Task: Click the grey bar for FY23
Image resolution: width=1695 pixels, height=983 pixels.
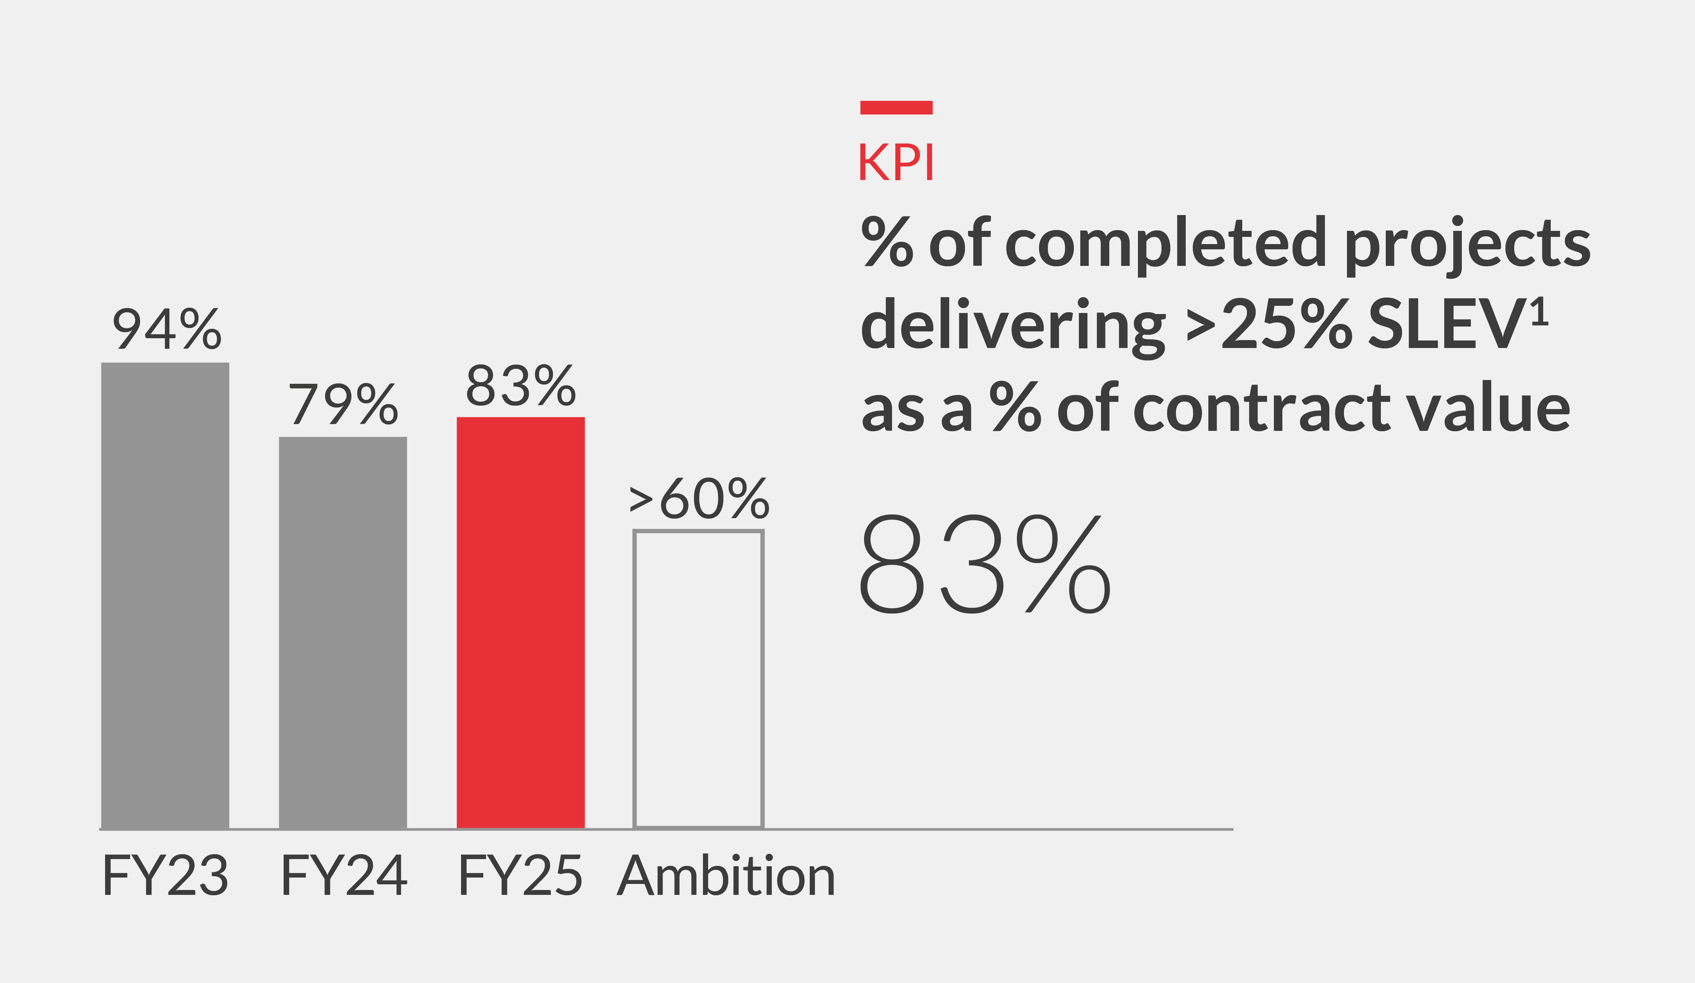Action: point(165,595)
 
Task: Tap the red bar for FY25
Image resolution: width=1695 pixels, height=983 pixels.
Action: point(521,622)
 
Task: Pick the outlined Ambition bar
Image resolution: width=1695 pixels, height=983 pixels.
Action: point(698,679)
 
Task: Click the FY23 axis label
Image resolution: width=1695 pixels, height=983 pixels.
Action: point(165,875)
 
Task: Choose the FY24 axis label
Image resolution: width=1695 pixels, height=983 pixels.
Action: point(344,875)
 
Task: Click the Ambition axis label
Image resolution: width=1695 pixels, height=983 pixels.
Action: point(727,875)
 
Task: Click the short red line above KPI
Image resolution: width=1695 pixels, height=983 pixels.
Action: point(896,108)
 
